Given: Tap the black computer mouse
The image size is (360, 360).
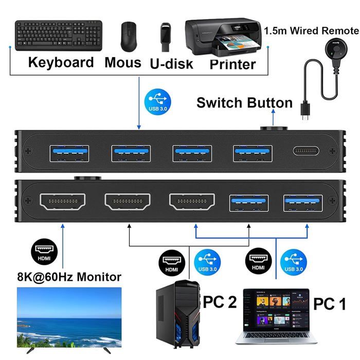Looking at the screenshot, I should click(x=129, y=35).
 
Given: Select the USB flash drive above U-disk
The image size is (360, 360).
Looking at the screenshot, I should click(x=165, y=37).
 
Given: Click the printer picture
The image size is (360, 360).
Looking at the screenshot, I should click(x=222, y=37).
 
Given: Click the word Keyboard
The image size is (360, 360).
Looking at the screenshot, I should click(x=61, y=63).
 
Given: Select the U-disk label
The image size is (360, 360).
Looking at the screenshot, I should click(x=172, y=64).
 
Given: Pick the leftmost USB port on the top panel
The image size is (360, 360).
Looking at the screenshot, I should click(x=69, y=152).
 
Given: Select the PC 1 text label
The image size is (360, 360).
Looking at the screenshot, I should click(x=329, y=303).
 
